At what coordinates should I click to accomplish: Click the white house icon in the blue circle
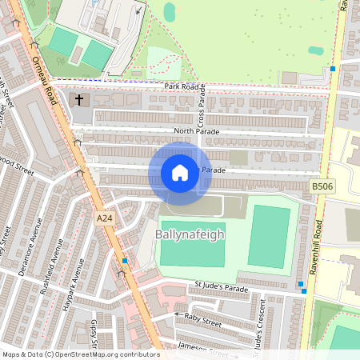click(x=180, y=173)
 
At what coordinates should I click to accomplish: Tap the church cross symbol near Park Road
click(x=79, y=101)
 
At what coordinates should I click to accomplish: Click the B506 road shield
click(x=322, y=186)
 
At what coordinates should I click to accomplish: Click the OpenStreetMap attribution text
click(x=81, y=354)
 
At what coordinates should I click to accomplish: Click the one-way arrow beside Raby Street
click(x=178, y=315)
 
